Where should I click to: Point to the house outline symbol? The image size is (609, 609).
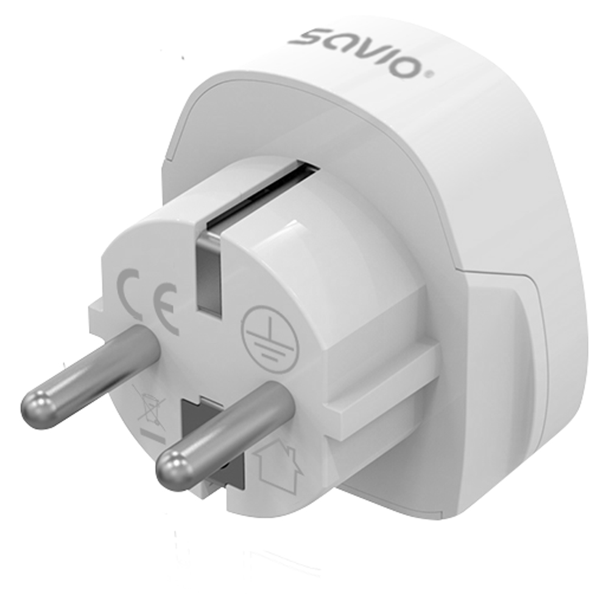(x=278, y=466)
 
